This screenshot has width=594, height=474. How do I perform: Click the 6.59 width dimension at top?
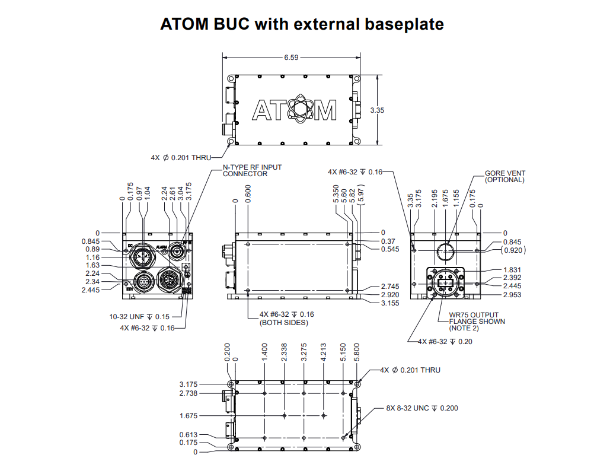291,58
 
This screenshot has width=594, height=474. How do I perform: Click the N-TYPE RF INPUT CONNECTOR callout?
252,170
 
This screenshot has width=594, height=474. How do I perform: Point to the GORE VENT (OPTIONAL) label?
505,176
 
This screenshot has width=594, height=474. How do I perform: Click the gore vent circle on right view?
446,252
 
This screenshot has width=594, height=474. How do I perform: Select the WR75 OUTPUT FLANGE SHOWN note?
477,322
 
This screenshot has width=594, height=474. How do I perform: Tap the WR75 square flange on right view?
446,284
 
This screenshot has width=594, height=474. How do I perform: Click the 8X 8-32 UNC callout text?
421,408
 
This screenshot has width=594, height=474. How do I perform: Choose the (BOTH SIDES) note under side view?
283,323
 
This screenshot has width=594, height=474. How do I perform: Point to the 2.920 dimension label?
390,294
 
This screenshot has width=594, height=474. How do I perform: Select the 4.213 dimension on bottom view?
324,352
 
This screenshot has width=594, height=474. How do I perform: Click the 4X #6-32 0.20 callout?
445,341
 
